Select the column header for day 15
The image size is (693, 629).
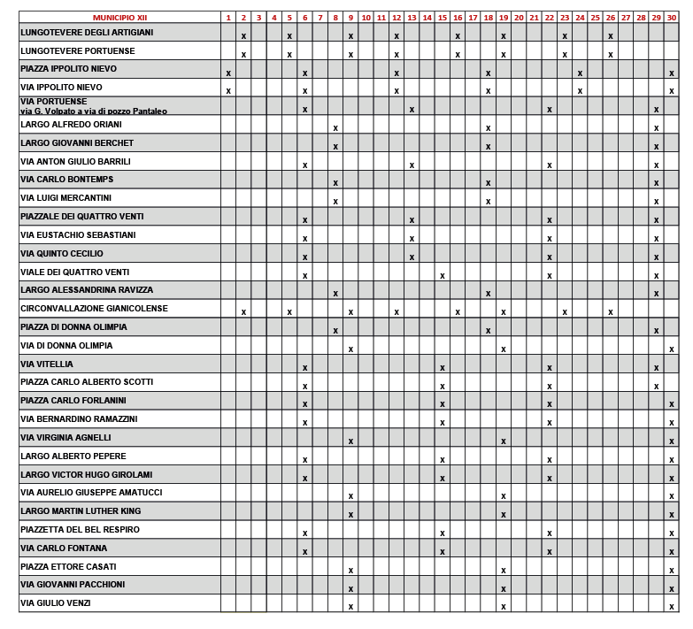tap(442, 18)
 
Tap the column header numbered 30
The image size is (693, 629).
tap(671, 18)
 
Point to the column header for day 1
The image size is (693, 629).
tap(228, 18)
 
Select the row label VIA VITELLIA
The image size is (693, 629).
tap(47, 364)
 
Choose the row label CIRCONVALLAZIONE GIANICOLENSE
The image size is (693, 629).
tap(94, 309)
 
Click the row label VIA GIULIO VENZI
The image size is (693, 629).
tap(55, 603)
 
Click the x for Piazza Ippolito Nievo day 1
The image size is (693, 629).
tap(228, 73)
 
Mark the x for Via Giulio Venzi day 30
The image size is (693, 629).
tap(671, 607)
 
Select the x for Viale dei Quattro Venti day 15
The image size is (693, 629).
tap(442, 275)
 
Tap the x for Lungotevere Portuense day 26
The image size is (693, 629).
tap(610, 54)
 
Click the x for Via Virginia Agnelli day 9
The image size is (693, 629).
tap(350, 441)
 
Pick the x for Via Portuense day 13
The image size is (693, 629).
tap(412, 109)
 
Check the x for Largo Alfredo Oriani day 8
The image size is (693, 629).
tap(335, 127)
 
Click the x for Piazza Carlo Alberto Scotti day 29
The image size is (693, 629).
tap(656, 386)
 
